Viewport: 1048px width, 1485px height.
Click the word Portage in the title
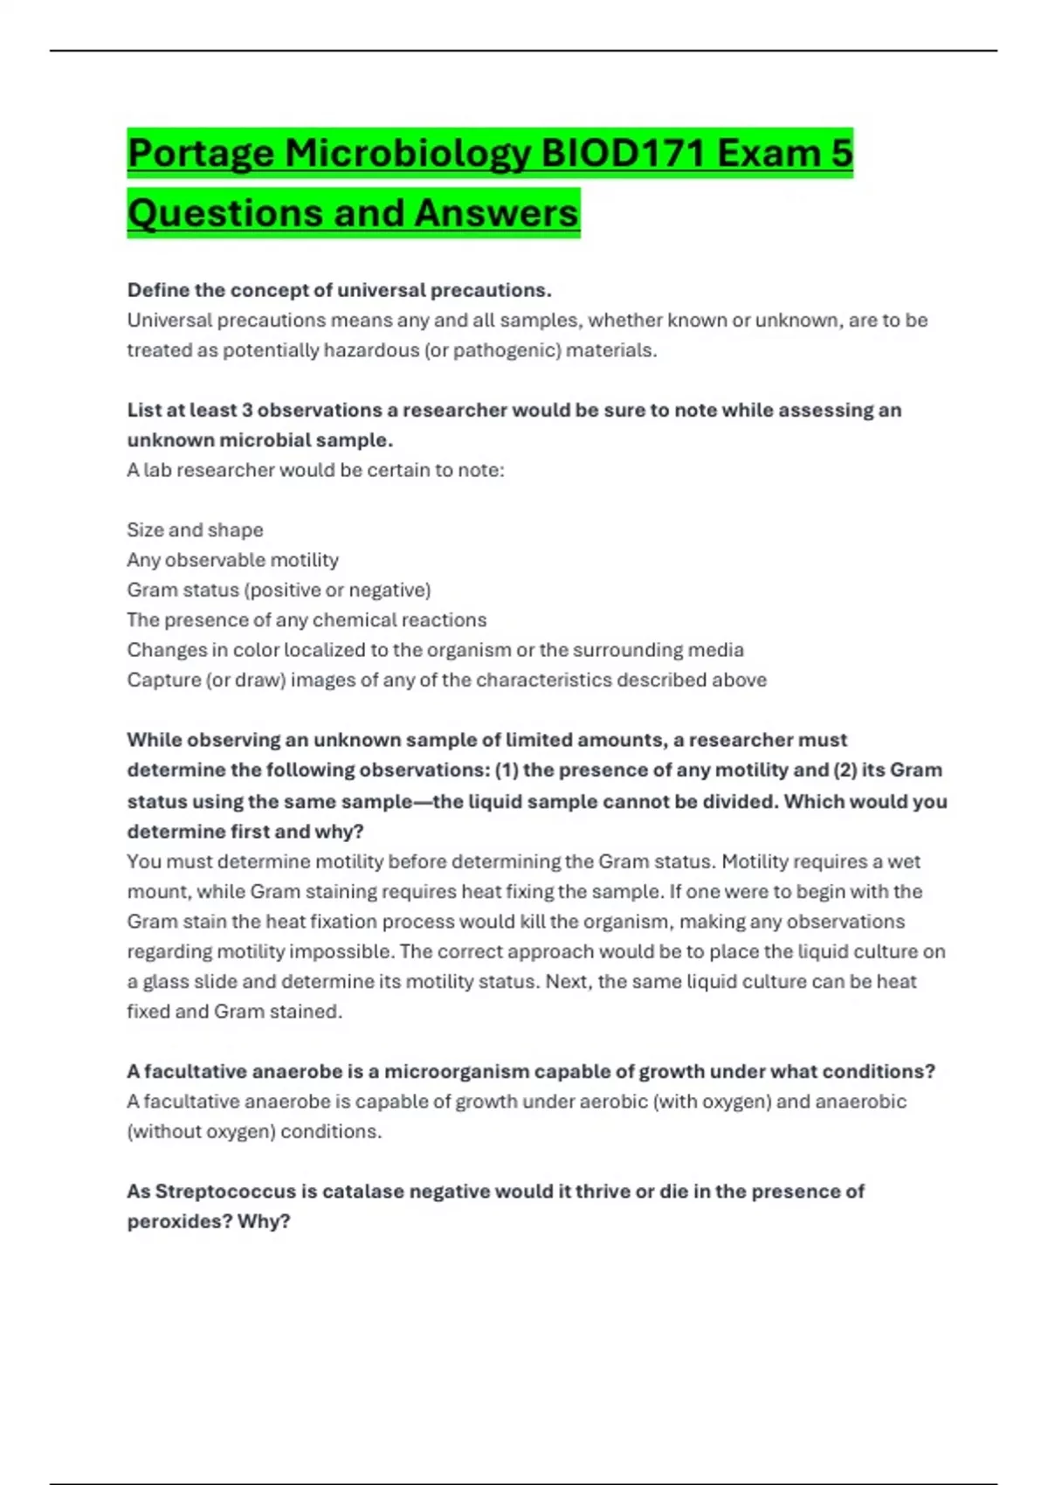click(x=201, y=155)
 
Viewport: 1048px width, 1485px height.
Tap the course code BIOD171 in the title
click(x=624, y=154)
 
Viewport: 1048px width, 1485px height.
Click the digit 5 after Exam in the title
click(x=841, y=154)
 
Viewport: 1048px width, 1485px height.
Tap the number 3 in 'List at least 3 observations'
click(x=247, y=410)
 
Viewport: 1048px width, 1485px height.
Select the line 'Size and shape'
click(x=195, y=530)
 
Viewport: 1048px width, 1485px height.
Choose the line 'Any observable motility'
click(x=232, y=560)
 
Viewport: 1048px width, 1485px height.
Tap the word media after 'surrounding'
click(x=721, y=650)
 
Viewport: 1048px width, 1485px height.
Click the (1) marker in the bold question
click(x=507, y=770)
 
